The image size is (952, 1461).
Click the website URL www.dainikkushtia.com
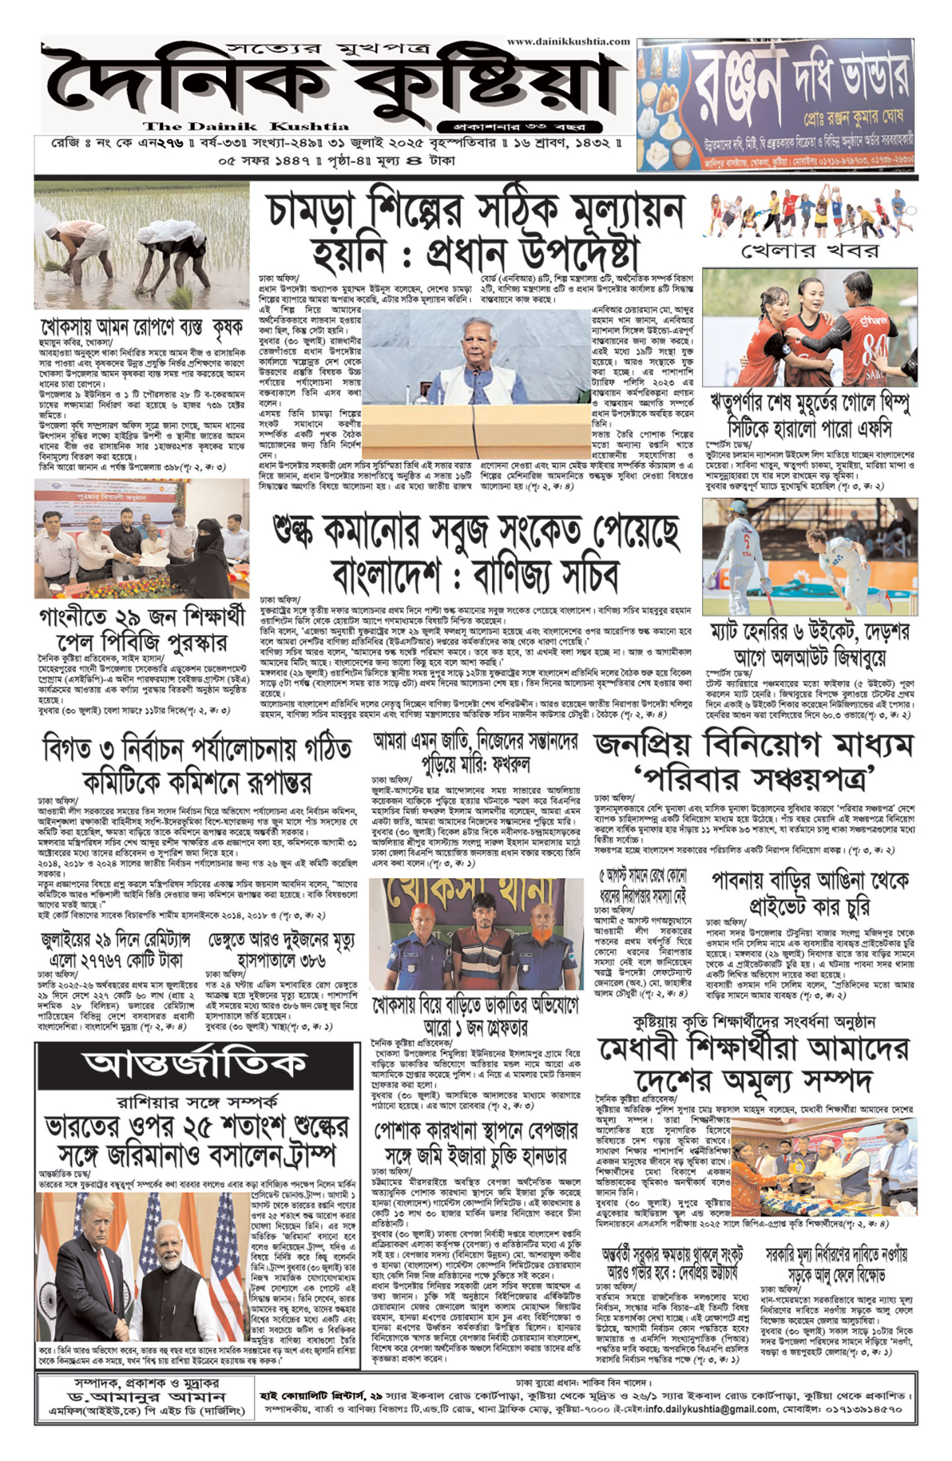pyautogui.click(x=568, y=41)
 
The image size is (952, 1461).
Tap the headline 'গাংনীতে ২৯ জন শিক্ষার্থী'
pyautogui.click(x=141, y=616)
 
